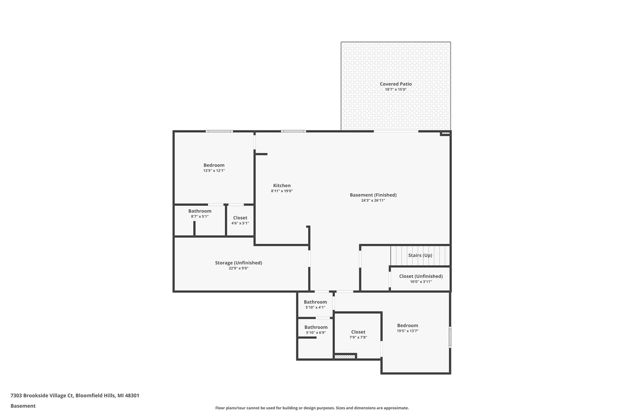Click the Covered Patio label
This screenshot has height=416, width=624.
(x=395, y=84)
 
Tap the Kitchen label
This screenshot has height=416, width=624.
(x=282, y=185)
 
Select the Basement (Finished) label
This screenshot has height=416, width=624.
(x=373, y=195)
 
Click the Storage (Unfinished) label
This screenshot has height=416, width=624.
(x=238, y=263)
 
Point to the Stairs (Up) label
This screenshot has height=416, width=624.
(x=420, y=256)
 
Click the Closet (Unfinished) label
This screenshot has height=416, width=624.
(x=421, y=276)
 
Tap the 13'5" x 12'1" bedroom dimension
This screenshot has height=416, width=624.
(x=214, y=171)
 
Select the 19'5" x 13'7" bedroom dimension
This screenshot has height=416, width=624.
(x=408, y=331)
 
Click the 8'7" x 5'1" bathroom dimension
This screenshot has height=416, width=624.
(x=200, y=217)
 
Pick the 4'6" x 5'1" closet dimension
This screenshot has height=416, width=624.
(x=240, y=223)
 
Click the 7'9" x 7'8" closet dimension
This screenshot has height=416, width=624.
(x=358, y=337)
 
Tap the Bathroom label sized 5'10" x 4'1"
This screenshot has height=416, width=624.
(x=315, y=302)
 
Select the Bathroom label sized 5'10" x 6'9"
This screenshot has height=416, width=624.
(x=316, y=327)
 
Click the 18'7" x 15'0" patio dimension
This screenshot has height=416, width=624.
(x=395, y=90)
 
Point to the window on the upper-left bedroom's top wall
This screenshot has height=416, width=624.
(x=219, y=131)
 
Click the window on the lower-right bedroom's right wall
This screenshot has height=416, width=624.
(x=450, y=337)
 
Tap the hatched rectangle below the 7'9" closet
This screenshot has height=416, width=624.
(x=345, y=357)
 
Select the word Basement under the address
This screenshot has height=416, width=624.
(x=23, y=406)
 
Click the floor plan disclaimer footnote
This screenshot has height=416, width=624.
(x=312, y=408)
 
